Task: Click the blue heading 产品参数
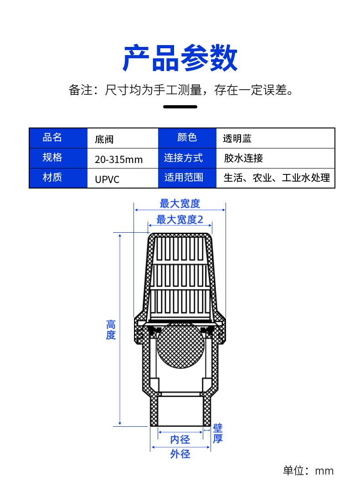coord(180,58)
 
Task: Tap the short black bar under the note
coord(180,107)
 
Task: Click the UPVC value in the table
coord(107,179)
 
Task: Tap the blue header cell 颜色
coord(187,138)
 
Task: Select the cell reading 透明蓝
coord(237,138)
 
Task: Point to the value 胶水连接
coord(243,158)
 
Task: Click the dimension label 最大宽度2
coord(180,220)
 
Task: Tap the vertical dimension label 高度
coord(111,330)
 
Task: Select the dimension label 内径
coord(180,439)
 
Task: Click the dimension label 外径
coord(180,454)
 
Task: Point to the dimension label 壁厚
coord(218,434)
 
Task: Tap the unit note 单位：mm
coord(308,470)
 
